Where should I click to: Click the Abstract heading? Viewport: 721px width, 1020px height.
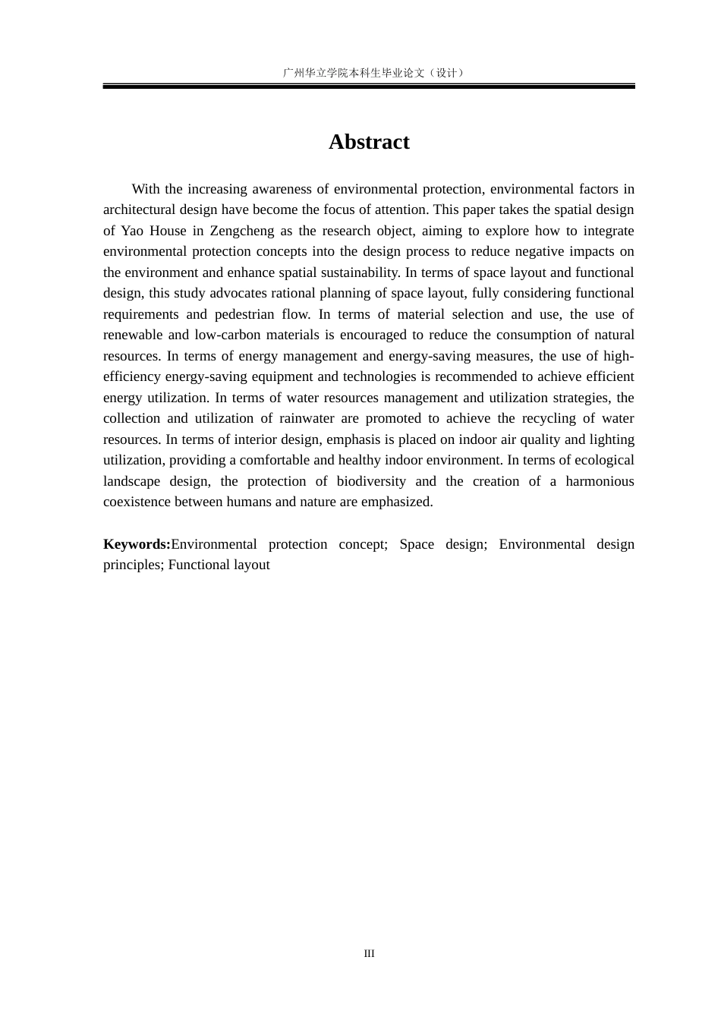pos(369,142)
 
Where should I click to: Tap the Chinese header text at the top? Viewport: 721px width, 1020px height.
pos(369,73)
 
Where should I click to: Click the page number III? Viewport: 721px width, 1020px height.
pos(369,953)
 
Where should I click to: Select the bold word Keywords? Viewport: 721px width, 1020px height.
pos(137,544)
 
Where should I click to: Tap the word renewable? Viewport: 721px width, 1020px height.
pos(131,335)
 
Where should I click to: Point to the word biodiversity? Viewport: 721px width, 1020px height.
pos(371,481)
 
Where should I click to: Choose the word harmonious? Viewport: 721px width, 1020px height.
pos(600,481)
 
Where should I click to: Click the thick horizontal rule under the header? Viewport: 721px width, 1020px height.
pos(369,87)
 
